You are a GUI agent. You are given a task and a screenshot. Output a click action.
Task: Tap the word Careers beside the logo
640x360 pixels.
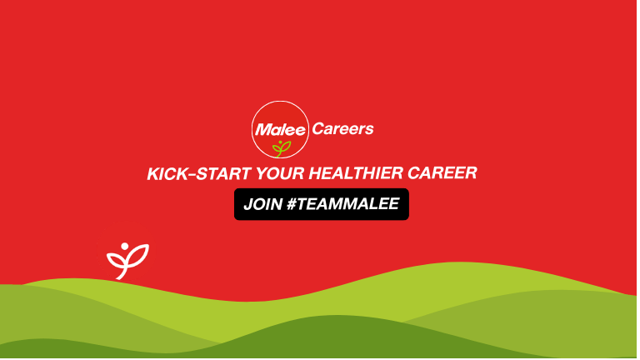(342, 129)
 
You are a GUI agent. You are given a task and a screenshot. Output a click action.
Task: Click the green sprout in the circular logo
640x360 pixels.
(281, 147)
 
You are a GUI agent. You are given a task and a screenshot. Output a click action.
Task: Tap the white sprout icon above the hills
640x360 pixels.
(127, 259)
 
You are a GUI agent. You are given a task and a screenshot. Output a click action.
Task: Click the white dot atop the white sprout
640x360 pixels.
(126, 246)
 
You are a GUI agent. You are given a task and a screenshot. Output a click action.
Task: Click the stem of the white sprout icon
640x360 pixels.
(127, 268)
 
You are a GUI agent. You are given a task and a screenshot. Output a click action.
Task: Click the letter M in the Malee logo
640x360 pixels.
(262, 130)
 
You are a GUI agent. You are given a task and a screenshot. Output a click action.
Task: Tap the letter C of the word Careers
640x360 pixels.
(317, 129)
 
